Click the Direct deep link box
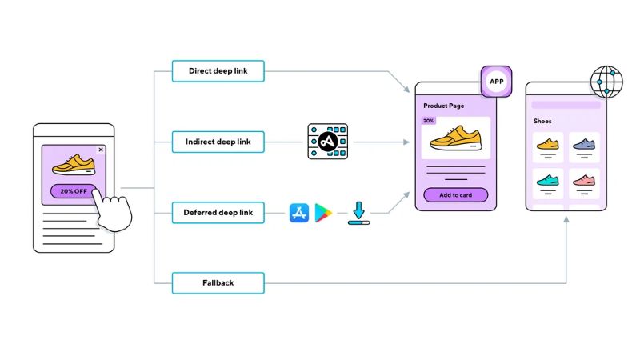pos(218,71)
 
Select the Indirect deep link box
pos(218,142)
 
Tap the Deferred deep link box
pos(218,213)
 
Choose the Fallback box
pos(218,283)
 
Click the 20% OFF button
pos(73,191)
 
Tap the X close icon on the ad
pos(101,150)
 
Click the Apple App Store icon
pos(298,213)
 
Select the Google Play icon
pos(323,213)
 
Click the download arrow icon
pos(358,213)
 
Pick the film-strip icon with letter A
pos(327,142)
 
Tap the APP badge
pos(495,82)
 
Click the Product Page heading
pos(444,106)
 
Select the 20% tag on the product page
pos(429,121)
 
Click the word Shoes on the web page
pos(542,122)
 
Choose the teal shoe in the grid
pos(548,180)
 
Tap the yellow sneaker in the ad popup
pos(73,166)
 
